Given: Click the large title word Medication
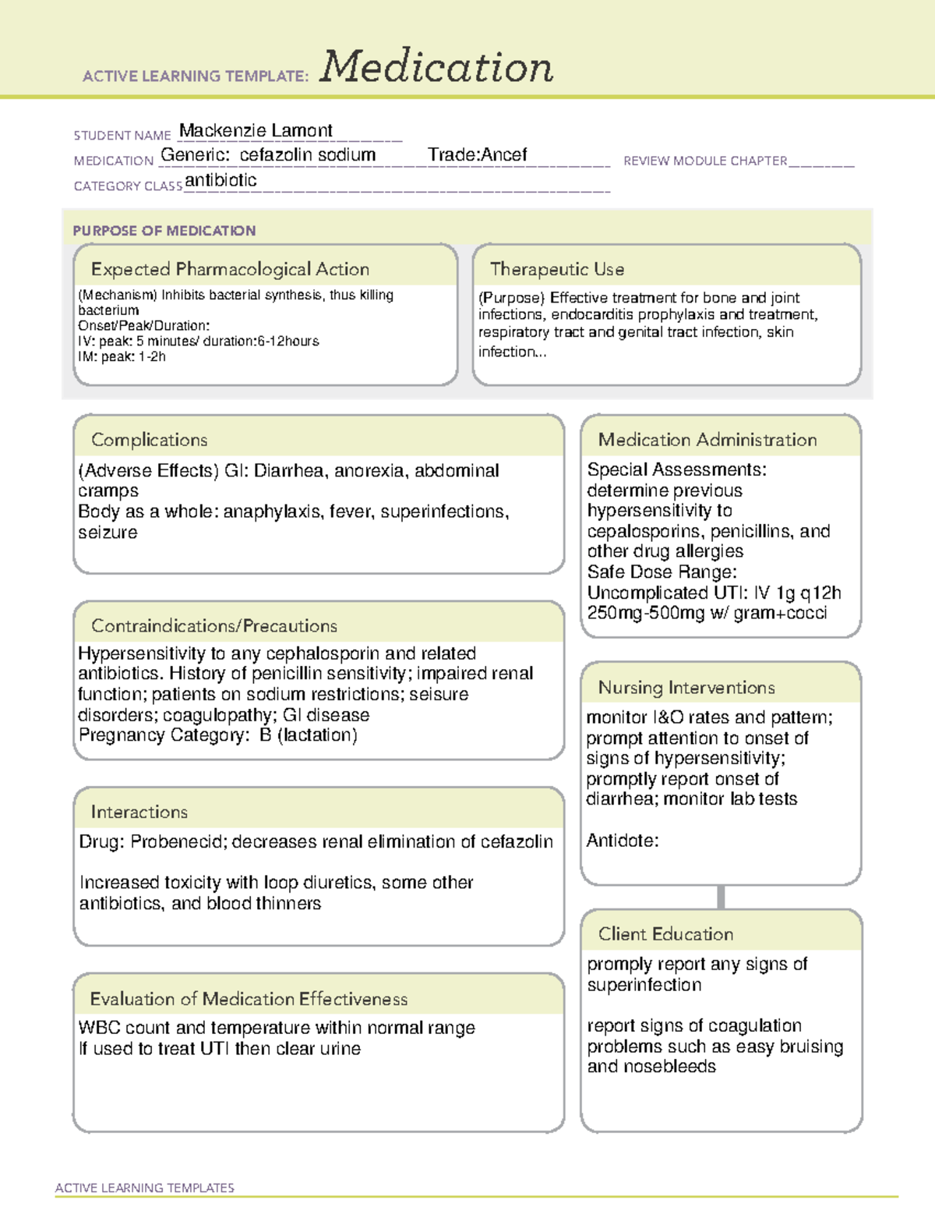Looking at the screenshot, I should [436, 67].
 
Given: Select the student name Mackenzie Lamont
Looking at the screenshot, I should [256, 130].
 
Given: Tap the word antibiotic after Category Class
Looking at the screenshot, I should [221, 180].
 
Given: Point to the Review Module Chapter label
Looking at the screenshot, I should [705, 161].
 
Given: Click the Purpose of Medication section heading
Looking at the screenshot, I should [164, 231].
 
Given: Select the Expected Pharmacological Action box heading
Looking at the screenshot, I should [230, 269].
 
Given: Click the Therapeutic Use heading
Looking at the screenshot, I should [556, 269].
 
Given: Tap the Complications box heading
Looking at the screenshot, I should [149, 440].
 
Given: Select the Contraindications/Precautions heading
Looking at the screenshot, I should [214, 625].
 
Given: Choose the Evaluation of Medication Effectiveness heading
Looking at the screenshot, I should [249, 999].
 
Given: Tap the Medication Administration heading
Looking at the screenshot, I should [707, 440].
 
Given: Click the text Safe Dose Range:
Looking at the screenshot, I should [662, 572].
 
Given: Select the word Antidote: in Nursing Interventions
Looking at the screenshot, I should [622, 841].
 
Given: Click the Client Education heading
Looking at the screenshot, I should [665, 934].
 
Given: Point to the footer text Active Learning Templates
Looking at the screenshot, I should [144, 1188].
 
